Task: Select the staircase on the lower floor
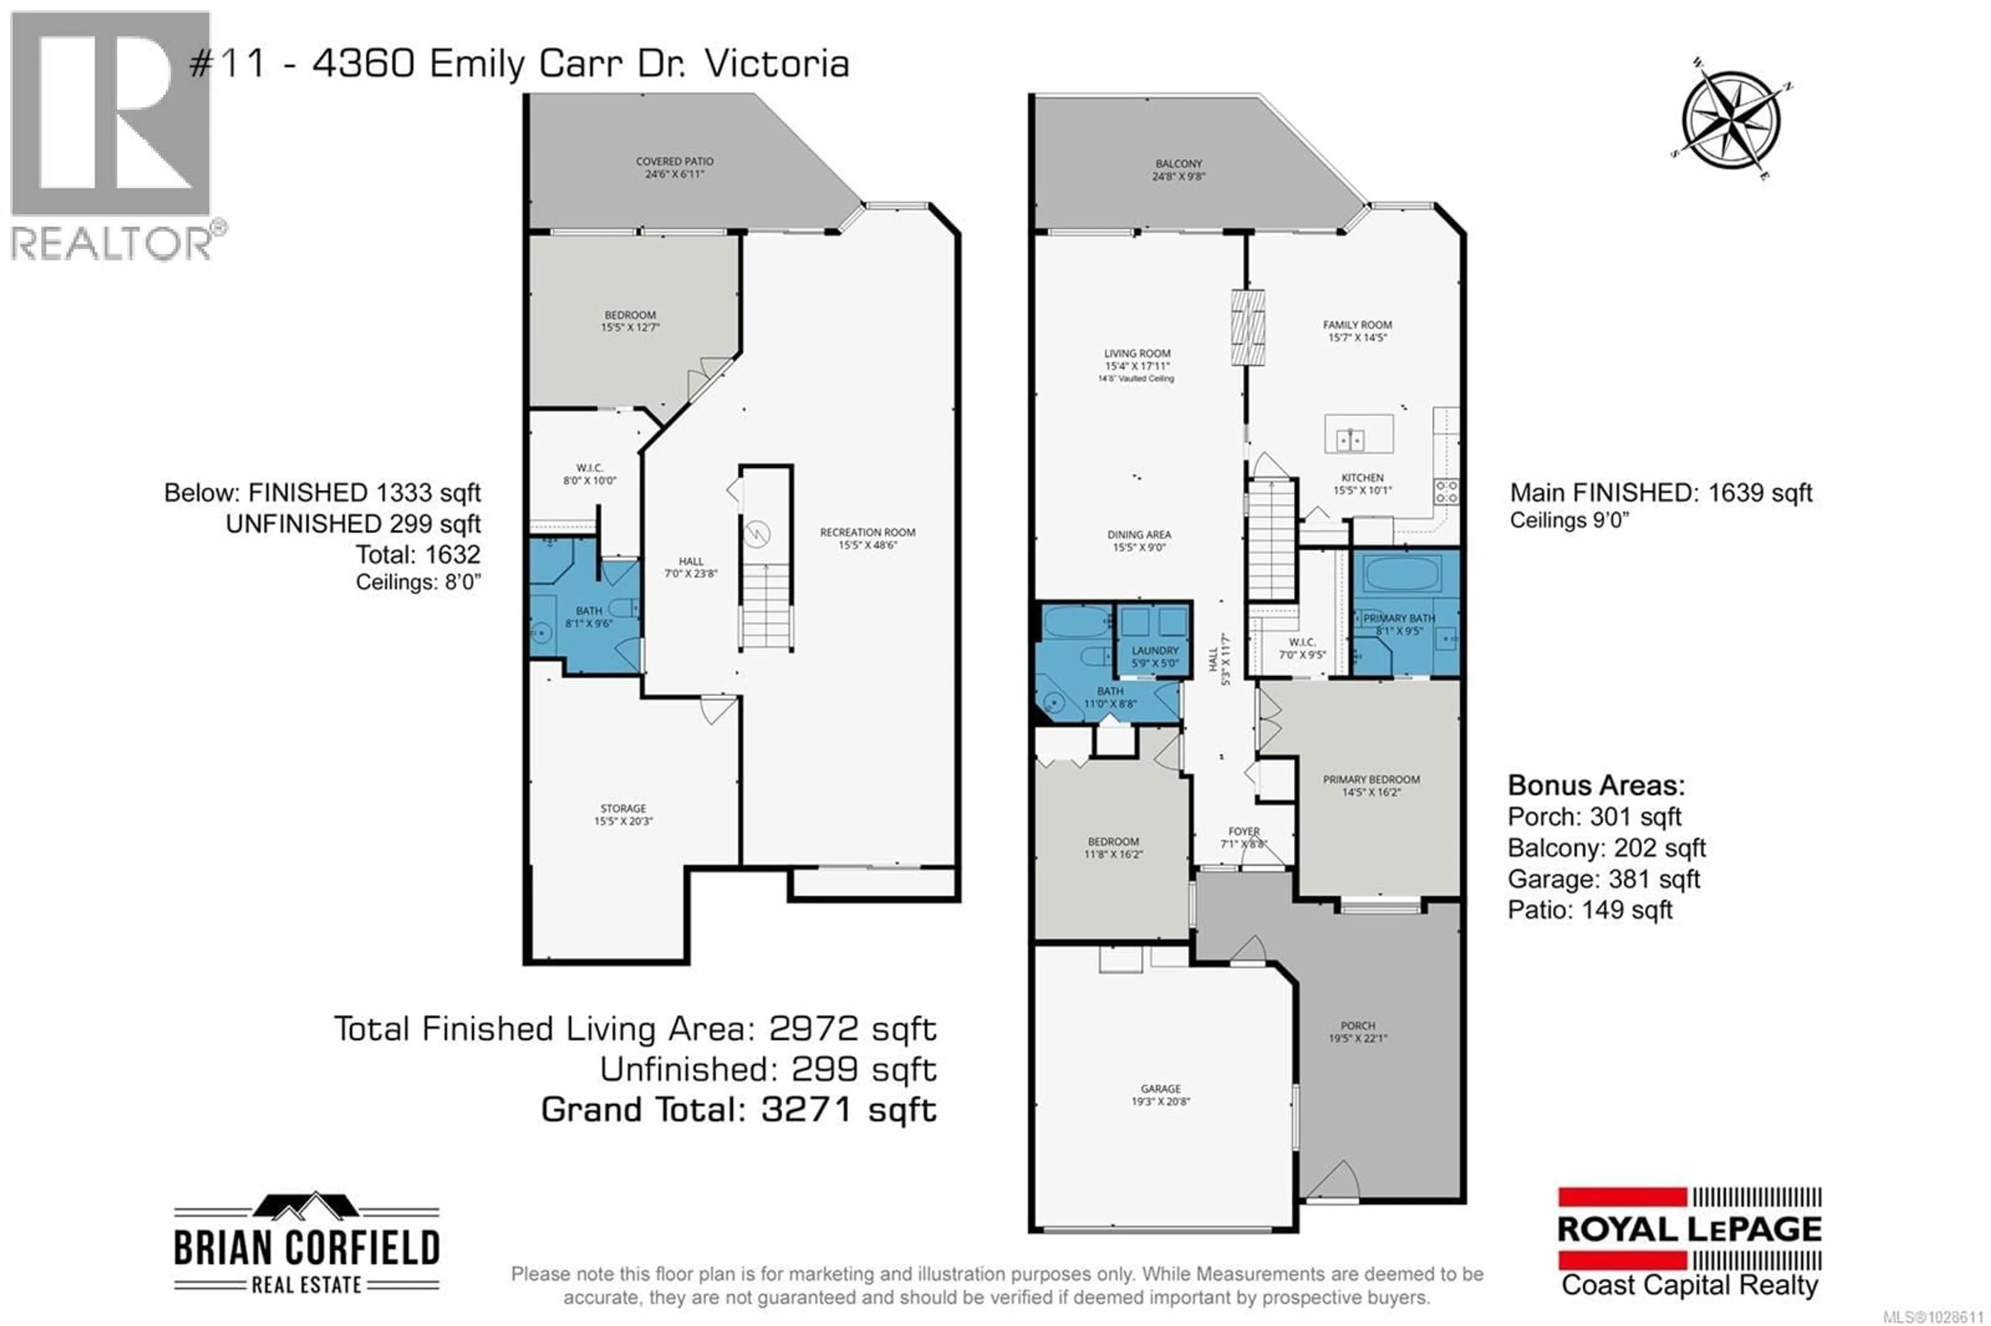click(765, 604)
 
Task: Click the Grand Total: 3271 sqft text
click(738, 1109)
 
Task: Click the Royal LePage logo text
click(1689, 1230)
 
